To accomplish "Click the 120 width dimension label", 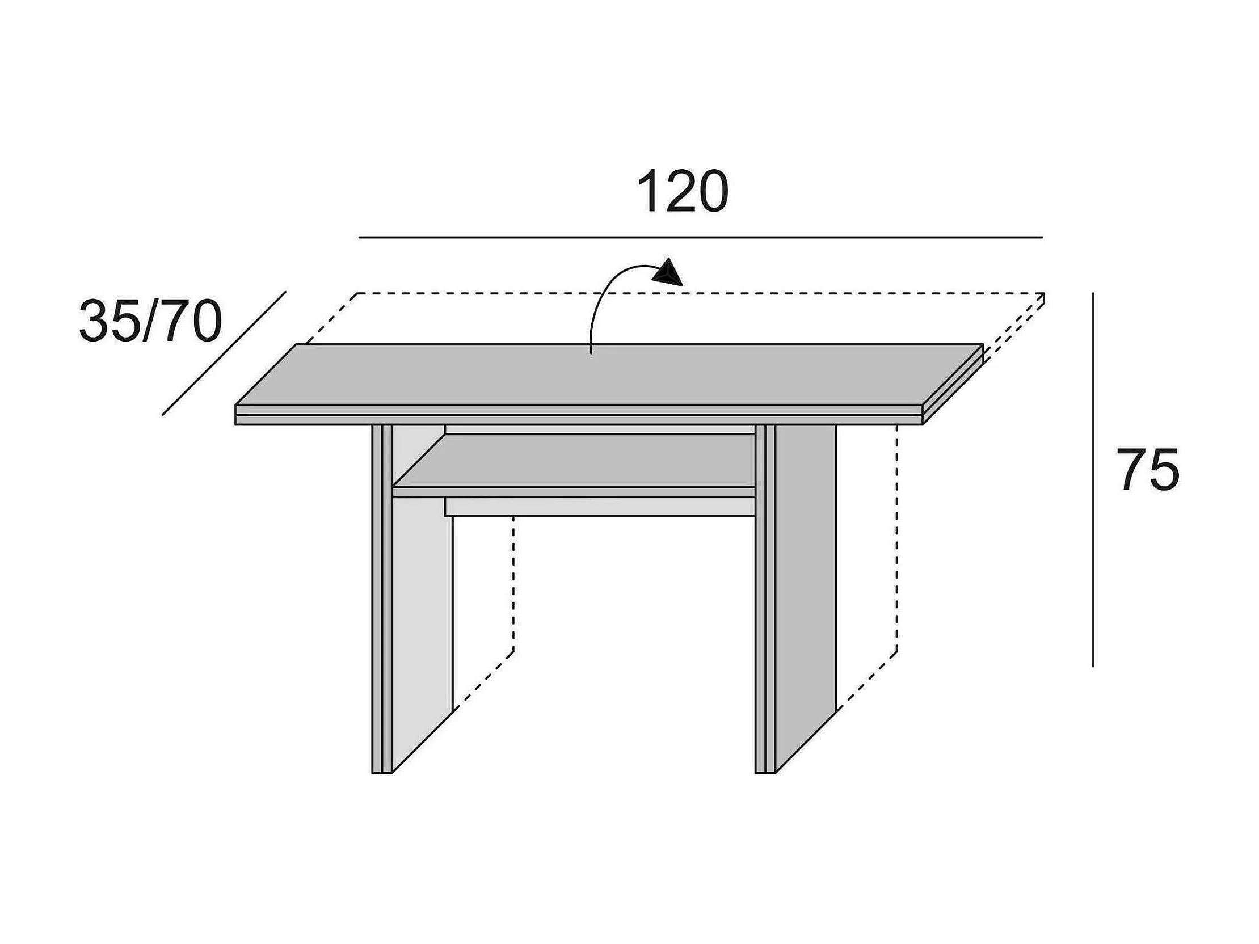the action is pos(682,191).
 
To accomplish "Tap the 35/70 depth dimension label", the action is pos(150,322).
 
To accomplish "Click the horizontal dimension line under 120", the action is pos(700,237).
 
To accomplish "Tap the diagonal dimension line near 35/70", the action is pos(224,353).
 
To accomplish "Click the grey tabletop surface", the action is pos(609,376).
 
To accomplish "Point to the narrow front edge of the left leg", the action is pos(382,597).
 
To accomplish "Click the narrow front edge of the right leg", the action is pos(765,597).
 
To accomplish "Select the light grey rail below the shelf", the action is pos(600,506).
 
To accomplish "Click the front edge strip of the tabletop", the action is pos(578,415).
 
